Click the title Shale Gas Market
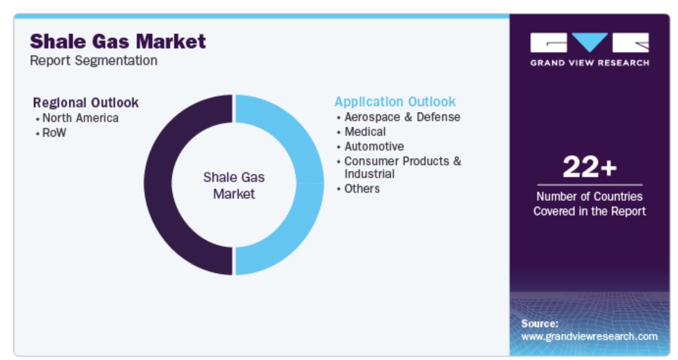tap(118, 41)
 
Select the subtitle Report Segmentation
tap(94, 61)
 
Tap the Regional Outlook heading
tap(86, 103)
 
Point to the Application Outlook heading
tap(395, 101)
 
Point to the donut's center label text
tap(234, 185)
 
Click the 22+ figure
tap(590, 167)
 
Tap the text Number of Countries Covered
tap(590, 204)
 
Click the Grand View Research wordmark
tap(590, 63)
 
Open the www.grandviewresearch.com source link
tap(590, 336)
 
